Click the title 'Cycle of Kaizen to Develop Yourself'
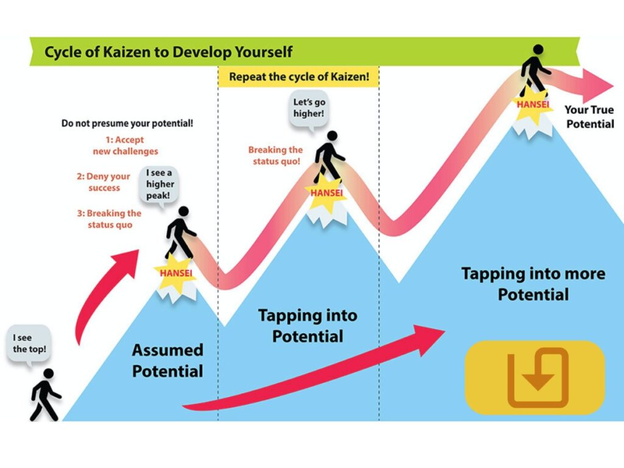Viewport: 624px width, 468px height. (x=168, y=52)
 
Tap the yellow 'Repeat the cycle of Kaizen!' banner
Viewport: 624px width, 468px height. (x=299, y=76)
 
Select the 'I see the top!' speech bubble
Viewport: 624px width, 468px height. (x=29, y=345)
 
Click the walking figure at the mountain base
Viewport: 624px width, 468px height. (x=45, y=394)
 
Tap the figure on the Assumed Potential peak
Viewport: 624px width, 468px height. (x=180, y=232)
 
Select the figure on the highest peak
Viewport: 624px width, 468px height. (x=536, y=70)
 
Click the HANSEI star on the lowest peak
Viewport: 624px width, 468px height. (x=176, y=274)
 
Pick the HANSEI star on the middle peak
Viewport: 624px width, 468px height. (x=327, y=193)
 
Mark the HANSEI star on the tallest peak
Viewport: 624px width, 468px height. (x=533, y=105)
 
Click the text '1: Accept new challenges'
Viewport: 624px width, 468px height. (x=126, y=146)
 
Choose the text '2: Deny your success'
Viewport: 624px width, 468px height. (x=104, y=182)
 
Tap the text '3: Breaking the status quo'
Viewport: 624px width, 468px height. (x=110, y=219)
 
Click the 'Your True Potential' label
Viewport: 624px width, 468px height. (x=589, y=116)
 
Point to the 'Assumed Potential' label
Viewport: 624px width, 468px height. (x=168, y=361)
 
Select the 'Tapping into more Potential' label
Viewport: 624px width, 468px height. (x=533, y=284)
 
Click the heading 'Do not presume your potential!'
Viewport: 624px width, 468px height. (x=127, y=123)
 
